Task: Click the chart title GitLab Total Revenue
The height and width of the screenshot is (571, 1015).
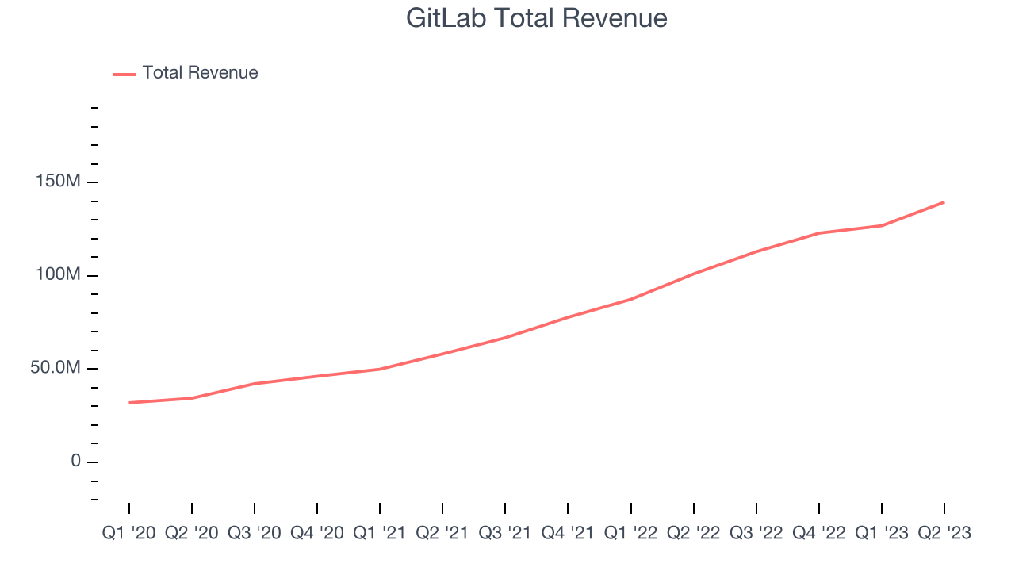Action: click(x=537, y=17)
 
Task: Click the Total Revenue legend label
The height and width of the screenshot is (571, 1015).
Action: click(x=200, y=73)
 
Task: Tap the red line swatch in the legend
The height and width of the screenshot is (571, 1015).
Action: click(x=124, y=74)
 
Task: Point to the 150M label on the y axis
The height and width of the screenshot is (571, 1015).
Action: click(x=59, y=182)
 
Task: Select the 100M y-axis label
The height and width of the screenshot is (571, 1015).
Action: click(x=59, y=274)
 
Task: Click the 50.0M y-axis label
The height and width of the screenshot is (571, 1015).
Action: click(x=56, y=368)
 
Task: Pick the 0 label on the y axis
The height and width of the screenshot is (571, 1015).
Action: click(x=75, y=461)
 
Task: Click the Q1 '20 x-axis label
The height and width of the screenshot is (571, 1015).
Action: click(x=128, y=533)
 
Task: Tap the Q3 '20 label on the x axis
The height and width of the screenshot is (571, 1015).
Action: click(x=254, y=533)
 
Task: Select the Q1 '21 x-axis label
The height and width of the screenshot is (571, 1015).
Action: click(x=380, y=533)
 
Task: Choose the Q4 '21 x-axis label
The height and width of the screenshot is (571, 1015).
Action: click(x=568, y=533)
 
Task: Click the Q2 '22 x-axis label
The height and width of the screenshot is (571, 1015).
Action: click(x=694, y=533)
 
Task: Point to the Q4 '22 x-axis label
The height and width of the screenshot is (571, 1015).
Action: click(x=819, y=533)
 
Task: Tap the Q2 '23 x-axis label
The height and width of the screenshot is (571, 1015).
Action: click(x=944, y=533)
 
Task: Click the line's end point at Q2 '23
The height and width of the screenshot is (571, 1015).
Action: click(x=944, y=202)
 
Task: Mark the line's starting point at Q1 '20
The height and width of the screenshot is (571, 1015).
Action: click(x=129, y=403)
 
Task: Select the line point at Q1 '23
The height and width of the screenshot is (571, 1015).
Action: click(x=882, y=226)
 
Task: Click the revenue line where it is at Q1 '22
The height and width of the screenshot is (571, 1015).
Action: click(x=631, y=299)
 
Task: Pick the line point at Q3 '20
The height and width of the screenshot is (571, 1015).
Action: click(x=255, y=384)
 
